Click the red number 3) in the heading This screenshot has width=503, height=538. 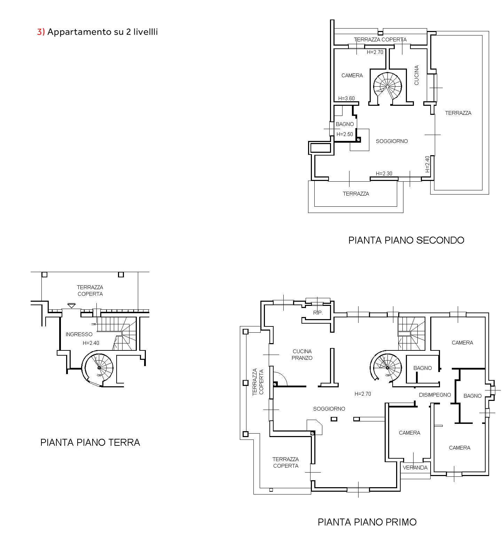pos(41,32)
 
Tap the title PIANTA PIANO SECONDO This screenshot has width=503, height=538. pos(406,240)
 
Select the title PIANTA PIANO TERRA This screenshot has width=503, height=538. pos(90,442)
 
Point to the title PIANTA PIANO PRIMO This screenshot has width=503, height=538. pos(367,522)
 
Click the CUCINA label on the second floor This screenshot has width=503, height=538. pos(417,75)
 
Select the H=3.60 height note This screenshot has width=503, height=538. pos(346,98)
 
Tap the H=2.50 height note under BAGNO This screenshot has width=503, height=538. pos(345,134)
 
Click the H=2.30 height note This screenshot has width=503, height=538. pos(384,173)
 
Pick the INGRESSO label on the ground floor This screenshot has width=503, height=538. pos(79,334)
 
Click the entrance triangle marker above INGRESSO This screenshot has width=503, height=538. pos(71,306)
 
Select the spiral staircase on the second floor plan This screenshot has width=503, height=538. pos(387,86)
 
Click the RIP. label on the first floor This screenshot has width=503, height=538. pos(318,313)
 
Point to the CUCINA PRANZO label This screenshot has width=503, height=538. pos(302,355)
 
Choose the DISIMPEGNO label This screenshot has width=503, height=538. pos(435,395)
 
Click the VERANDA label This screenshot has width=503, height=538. pos(415,468)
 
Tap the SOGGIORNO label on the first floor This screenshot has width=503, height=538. pos(329,409)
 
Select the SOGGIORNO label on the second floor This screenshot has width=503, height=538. pos(392,141)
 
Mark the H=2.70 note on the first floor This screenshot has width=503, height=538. pos(363,394)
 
